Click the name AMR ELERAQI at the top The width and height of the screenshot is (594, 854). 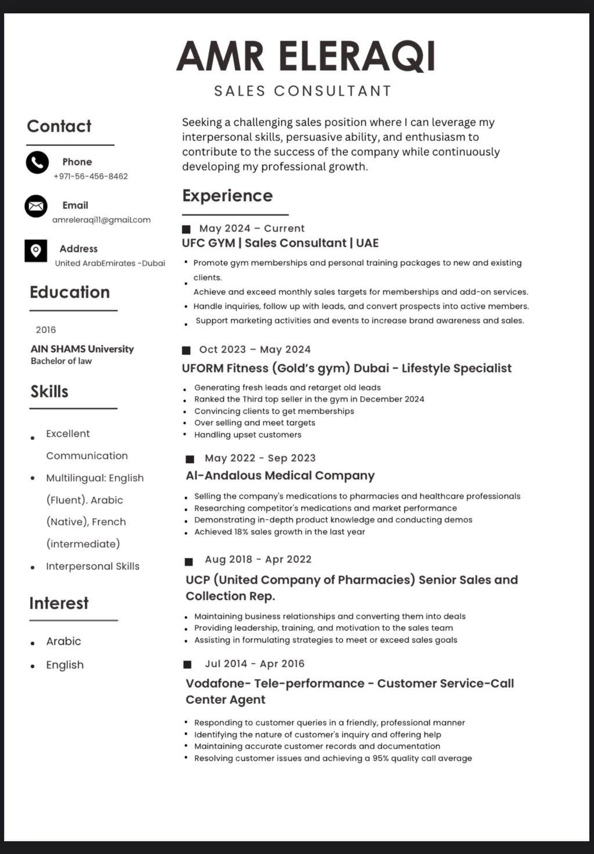pos(306,56)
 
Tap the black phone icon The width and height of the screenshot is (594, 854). pos(37,162)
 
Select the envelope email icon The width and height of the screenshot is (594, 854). pos(36,206)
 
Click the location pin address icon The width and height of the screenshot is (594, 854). pos(36,250)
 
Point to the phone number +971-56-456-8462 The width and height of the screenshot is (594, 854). pos(90,176)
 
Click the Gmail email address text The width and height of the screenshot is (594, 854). pos(102,220)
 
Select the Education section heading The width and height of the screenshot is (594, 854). pos(70,292)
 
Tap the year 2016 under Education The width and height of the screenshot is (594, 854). pos(46,330)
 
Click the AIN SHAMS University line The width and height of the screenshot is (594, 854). pos(82,349)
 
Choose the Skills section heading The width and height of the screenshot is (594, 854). pos(49,392)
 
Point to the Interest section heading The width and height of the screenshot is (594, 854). pos(59,603)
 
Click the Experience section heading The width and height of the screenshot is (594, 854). pos(227,196)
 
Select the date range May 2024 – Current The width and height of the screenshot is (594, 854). pos(252,228)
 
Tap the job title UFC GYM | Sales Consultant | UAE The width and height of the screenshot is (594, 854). pos(280,243)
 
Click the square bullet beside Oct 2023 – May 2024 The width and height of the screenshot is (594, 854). pos(186,350)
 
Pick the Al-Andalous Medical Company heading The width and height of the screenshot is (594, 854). pos(280,476)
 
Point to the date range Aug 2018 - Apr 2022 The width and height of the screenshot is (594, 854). pos(258,559)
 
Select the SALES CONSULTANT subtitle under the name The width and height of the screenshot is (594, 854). pos(303,91)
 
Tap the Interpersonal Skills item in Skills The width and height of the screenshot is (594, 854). pos(93,566)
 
